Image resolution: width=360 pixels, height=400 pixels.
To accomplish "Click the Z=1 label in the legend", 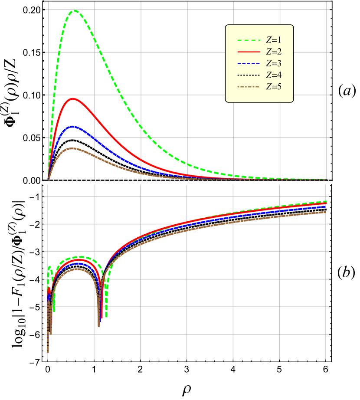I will [274, 40].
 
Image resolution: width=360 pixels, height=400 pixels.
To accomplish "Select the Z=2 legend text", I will [274, 52].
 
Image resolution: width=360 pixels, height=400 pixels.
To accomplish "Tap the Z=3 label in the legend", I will [274, 63].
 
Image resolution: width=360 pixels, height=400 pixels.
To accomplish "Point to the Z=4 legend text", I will [274, 75].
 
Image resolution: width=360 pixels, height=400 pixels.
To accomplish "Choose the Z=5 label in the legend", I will [274, 87].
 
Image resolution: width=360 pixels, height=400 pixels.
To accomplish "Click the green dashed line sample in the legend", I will [248, 40].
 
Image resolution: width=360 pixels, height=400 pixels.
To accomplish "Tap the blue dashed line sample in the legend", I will [248, 64].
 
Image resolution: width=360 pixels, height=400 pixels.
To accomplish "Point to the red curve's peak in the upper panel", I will [73, 98].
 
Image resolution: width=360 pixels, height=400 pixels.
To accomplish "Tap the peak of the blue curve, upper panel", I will [73, 127].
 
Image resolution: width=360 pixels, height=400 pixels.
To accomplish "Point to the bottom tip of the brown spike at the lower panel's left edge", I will [48, 352].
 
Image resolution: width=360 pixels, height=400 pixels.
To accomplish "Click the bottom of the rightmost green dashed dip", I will [106, 317].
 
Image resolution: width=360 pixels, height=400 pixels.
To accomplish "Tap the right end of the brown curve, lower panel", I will [325, 212].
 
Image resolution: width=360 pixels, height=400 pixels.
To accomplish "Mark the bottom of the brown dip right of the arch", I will [99, 326].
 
